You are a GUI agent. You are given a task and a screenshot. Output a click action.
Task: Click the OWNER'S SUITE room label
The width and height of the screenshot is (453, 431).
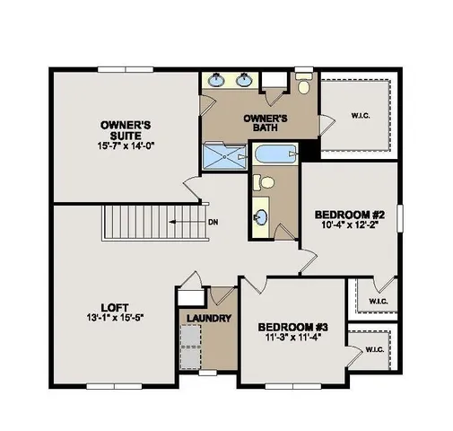(124, 129)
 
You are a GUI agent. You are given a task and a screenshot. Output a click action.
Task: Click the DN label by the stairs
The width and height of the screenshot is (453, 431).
(213, 223)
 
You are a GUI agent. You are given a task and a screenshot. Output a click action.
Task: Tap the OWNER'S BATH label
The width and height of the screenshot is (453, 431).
(266, 123)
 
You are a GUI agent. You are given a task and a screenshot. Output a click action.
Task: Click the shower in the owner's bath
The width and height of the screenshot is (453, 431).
(222, 157)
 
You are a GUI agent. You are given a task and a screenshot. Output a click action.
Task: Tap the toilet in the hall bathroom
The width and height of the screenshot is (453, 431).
(264, 182)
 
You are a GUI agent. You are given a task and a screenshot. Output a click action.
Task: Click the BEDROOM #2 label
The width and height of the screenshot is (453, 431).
(350, 215)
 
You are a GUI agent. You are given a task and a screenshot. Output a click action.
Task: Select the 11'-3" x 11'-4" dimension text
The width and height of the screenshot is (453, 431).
(288, 339)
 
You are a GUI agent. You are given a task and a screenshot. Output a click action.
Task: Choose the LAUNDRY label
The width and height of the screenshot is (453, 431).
(209, 319)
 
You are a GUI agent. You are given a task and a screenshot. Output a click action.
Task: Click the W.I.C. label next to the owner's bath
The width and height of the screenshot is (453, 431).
(361, 114)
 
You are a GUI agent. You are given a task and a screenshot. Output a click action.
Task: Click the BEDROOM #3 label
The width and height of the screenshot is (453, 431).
(288, 326)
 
